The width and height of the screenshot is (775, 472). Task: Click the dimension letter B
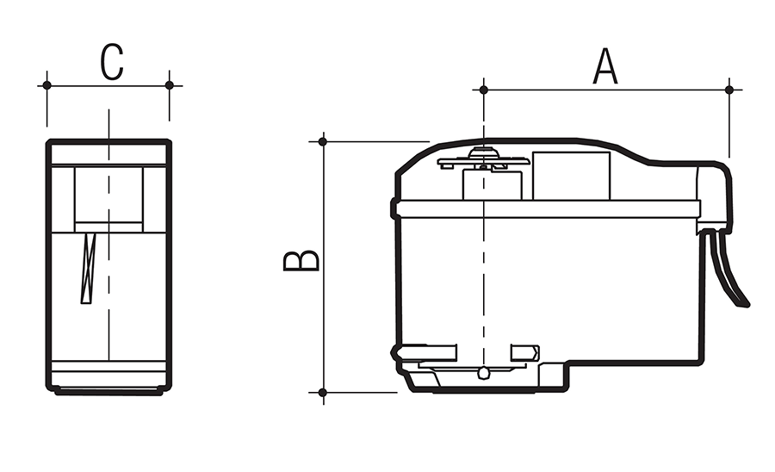tap(301, 261)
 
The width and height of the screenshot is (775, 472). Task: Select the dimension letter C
tap(111, 63)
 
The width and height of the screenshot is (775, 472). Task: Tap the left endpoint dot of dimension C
tap(47, 85)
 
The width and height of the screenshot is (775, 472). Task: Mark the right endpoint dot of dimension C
tap(169, 85)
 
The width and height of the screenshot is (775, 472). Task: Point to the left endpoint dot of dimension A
tap(484, 90)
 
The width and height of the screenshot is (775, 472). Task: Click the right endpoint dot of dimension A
tap(729, 90)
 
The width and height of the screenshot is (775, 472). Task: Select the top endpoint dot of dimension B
tap(323, 141)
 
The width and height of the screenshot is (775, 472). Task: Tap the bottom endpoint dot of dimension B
tap(323, 393)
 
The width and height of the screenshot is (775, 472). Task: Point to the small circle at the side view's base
tap(484, 373)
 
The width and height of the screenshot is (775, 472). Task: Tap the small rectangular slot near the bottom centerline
tap(524, 352)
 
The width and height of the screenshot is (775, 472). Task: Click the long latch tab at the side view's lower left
tap(425, 352)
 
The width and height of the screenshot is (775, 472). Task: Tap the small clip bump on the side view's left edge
tap(394, 208)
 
